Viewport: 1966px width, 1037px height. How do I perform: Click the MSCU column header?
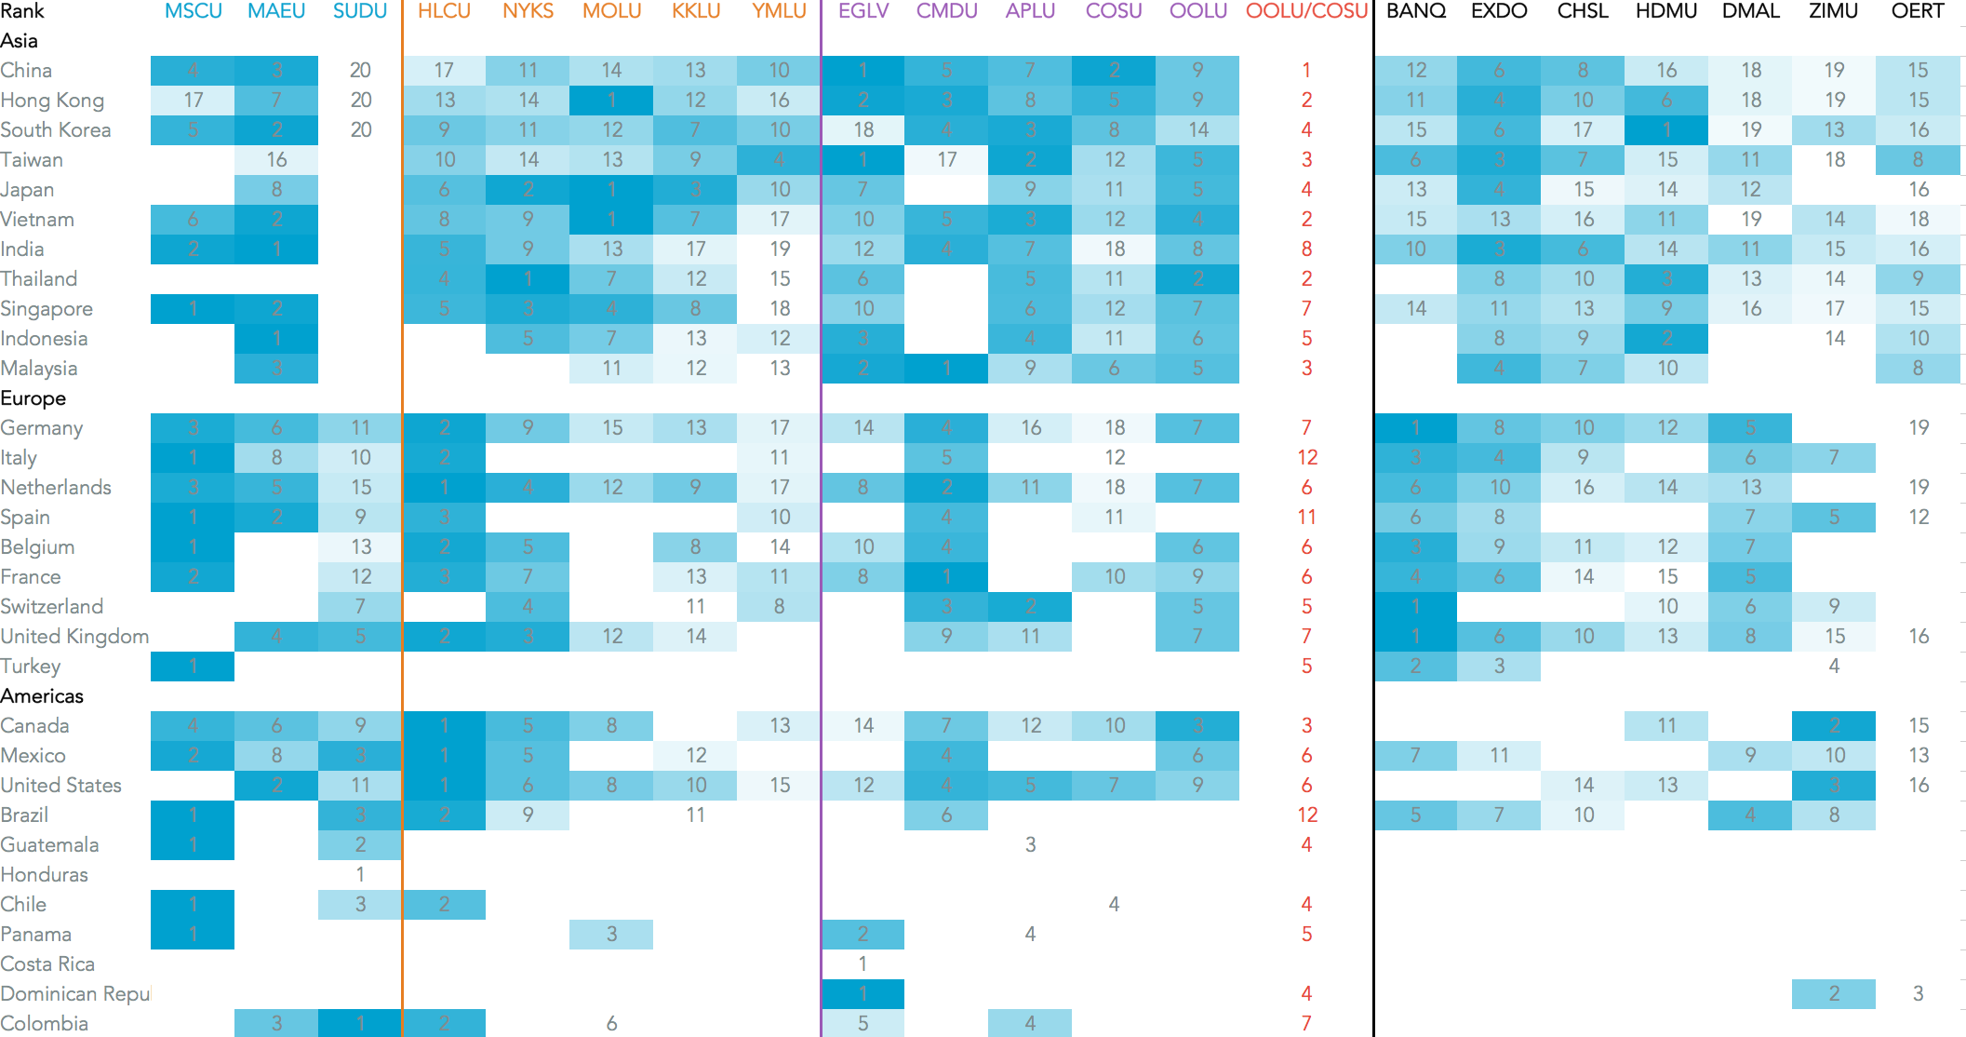click(x=193, y=11)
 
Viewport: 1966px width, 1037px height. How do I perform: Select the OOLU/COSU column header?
click(x=1306, y=11)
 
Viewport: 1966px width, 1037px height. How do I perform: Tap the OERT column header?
click(x=1917, y=11)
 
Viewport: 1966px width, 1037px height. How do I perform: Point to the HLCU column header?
click(x=444, y=11)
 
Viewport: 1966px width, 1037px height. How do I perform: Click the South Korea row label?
click(x=56, y=130)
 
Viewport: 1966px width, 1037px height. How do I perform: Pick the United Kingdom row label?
click(x=74, y=637)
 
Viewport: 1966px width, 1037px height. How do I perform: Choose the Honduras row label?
click(x=45, y=875)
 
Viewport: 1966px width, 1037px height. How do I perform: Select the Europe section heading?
click(x=33, y=398)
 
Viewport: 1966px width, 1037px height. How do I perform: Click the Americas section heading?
click(x=42, y=696)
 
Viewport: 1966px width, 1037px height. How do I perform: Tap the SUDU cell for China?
click(x=360, y=71)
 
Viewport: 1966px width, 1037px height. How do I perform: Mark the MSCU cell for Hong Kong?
click(x=193, y=101)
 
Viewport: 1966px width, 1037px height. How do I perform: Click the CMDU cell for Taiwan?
click(x=946, y=160)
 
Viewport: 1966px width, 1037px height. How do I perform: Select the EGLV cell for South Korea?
click(x=863, y=130)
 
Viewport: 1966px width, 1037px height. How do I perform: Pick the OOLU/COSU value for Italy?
click(x=1306, y=458)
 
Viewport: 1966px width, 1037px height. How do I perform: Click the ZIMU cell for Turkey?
click(x=1833, y=667)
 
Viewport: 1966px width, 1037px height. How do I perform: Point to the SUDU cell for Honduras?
click(x=360, y=875)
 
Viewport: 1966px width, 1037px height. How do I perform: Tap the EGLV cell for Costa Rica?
click(x=863, y=964)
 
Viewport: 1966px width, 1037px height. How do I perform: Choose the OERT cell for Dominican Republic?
click(x=1917, y=994)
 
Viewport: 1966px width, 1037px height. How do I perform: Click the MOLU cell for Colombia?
click(x=611, y=1024)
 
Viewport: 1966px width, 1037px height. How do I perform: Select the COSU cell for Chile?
click(x=1114, y=905)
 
